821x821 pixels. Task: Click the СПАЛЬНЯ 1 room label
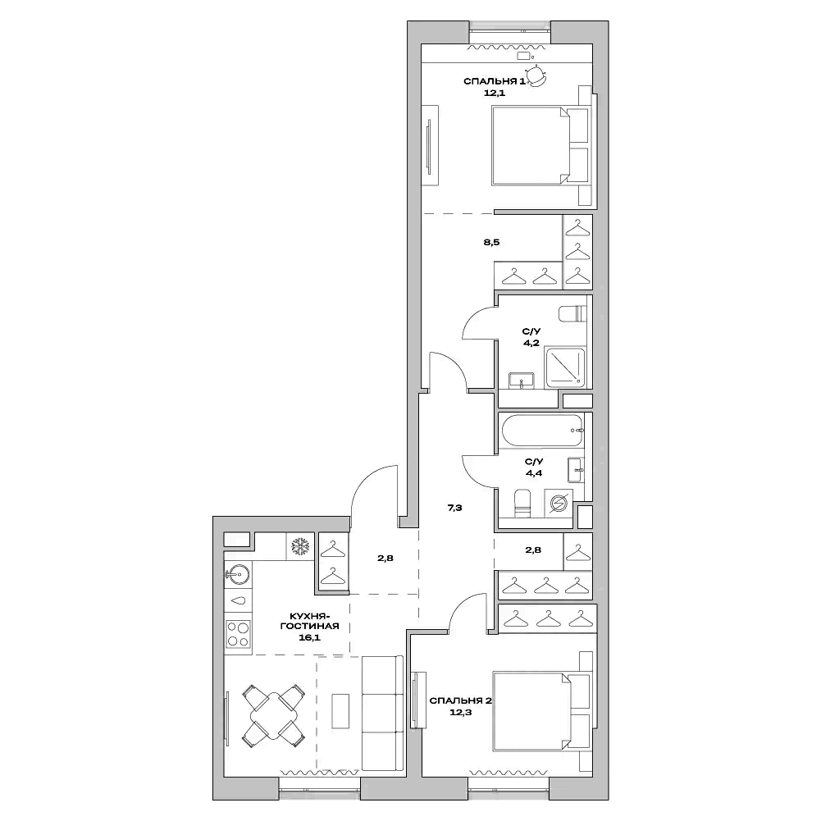494,82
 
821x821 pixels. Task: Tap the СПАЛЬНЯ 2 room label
459,700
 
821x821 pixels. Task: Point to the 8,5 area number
492,243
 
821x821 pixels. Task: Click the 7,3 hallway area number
455,508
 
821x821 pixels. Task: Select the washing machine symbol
559,503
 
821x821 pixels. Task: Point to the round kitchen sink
237,573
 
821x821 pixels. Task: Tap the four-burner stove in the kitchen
239,634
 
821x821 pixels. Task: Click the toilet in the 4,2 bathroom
572,313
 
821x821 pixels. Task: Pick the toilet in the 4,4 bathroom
520,503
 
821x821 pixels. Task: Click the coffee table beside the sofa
340,710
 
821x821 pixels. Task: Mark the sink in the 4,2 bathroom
521,379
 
